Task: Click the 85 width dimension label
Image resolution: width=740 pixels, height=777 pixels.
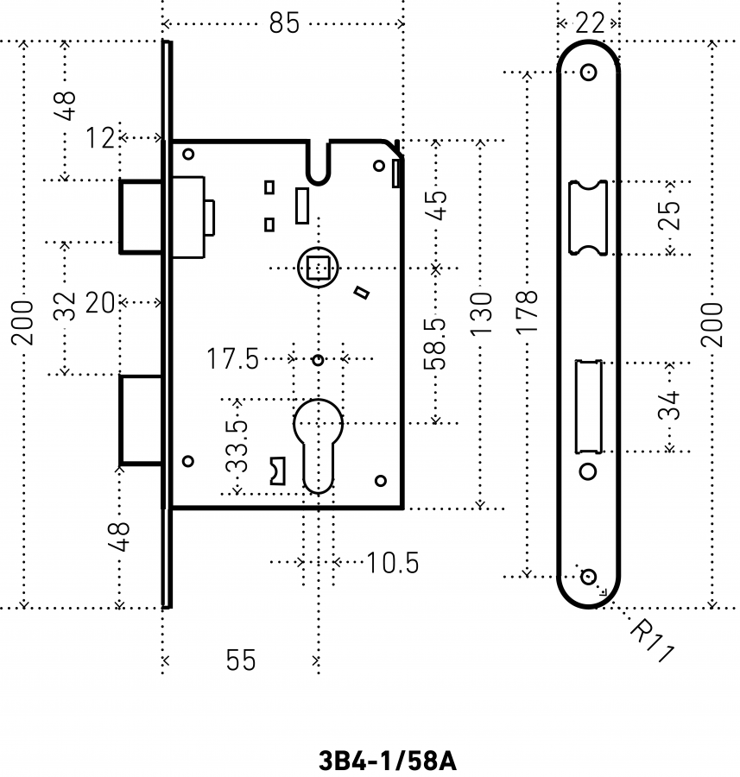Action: click(284, 22)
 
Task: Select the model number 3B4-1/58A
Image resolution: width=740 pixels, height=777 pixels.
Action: click(387, 761)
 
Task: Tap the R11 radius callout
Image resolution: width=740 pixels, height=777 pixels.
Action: click(652, 640)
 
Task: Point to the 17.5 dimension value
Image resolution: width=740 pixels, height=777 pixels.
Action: click(232, 359)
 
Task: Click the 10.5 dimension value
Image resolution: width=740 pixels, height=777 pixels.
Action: click(393, 563)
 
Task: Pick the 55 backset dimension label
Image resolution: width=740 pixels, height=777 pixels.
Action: click(241, 660)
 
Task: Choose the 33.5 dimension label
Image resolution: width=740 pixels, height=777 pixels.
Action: click(237, 446)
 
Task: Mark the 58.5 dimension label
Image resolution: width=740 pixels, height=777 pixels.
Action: click(435, 344)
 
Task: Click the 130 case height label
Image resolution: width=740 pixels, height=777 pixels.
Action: click(481, 313)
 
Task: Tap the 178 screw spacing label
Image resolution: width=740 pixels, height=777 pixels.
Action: click(527, 313)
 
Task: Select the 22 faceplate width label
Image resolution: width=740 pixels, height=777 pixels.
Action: click(590, 23)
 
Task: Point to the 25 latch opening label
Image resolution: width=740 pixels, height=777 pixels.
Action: click(669, 215)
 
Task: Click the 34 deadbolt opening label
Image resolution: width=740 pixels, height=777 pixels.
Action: click(669, 406)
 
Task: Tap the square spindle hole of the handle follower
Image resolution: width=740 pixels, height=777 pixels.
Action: click(319, 268)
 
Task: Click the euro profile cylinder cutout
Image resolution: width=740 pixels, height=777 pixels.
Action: click(319, 446)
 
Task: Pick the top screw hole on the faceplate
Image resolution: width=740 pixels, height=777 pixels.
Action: click(588, 73)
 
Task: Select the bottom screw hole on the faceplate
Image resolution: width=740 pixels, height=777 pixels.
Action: click(588, 577)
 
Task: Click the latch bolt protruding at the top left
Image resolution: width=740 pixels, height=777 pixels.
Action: click(141, 217)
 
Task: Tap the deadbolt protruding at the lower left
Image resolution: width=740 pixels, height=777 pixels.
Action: click(141, 420)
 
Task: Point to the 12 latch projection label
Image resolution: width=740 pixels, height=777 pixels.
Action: click(99, 138)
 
